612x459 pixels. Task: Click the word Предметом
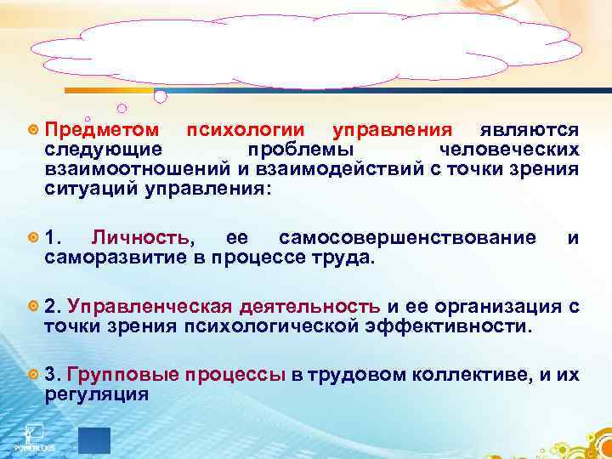pyautogui.click(x=101, y=130)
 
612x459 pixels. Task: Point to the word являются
pyautogui.click(x=529, y=130)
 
